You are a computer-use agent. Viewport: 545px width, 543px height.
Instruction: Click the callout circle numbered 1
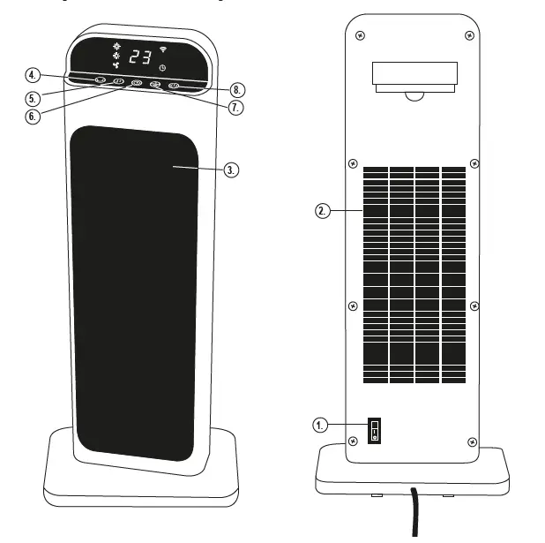coord(322,425)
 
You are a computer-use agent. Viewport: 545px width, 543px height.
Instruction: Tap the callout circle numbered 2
coord(323,211)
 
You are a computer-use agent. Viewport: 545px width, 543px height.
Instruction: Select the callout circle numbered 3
coord(231,170)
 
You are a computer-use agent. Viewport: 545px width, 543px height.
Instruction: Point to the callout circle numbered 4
coord(32,74)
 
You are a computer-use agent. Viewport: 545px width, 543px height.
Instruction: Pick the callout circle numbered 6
coord(33,116)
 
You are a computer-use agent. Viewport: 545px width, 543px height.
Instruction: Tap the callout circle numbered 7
coord(234,107)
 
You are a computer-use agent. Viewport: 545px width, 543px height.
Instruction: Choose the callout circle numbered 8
coord(235,89)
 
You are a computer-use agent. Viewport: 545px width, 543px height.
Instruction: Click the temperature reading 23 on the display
coord(140,57)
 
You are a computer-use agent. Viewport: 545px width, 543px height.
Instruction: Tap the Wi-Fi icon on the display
coord(162,49)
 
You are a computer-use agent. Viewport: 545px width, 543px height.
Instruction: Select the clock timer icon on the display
coord(161,67)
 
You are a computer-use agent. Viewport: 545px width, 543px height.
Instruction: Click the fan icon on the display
coord(116,65)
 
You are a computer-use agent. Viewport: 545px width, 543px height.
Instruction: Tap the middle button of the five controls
coord(137,83)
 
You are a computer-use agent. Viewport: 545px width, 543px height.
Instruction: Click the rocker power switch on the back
coord(374,431)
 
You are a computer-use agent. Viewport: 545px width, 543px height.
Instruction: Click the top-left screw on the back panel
coord(361,36)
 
